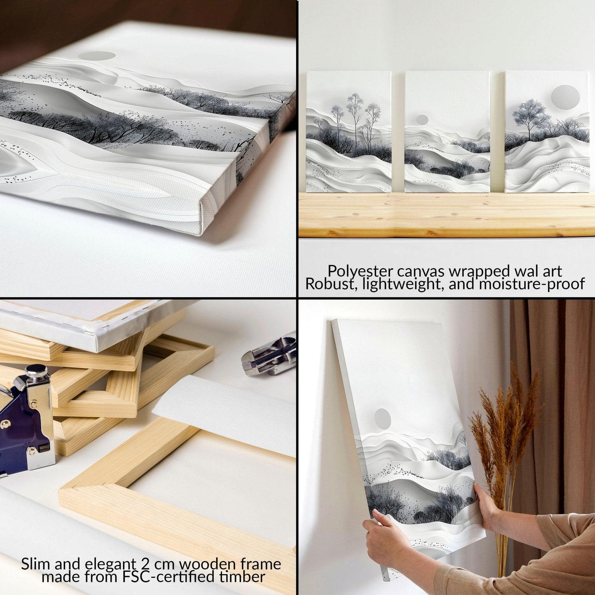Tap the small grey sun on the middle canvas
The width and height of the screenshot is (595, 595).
422,120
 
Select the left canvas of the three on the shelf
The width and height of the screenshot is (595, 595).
348,132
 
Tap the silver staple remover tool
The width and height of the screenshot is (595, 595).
270,356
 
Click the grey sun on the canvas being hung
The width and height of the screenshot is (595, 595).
383,419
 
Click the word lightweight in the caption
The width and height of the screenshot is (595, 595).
391,284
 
